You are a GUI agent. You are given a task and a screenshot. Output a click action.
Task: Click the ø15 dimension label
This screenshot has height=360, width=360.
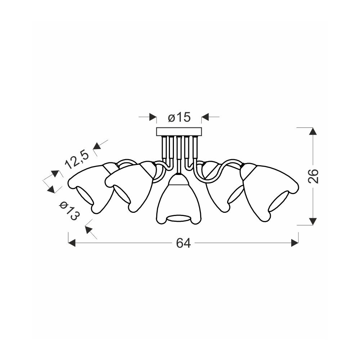179,118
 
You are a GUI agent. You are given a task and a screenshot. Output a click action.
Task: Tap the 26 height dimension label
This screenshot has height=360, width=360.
313,176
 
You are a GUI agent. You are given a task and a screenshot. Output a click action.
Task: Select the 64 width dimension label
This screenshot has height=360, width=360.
183,243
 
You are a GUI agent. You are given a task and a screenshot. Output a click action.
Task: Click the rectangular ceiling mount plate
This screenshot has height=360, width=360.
179,132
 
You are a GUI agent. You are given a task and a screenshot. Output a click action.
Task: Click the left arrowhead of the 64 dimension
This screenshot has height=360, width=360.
72,243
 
